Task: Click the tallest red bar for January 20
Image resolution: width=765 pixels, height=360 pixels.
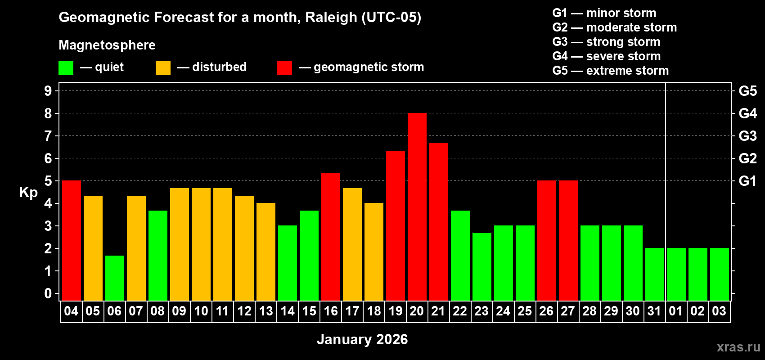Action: click(417, 207)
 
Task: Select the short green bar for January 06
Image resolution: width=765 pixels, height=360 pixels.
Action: click(114, 278)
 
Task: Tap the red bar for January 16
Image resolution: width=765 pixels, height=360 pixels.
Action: click(331, 237)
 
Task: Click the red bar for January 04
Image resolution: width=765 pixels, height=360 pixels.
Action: click(71, 240)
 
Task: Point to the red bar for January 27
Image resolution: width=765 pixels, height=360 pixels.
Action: click(568, 240)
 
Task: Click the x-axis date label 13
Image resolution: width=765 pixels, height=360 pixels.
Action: click(266, 311)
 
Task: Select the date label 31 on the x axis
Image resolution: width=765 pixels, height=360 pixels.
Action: click(654, 311)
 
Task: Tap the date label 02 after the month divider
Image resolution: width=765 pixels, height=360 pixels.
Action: click(697, 311)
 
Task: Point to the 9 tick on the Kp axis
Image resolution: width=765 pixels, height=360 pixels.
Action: click(48, 91)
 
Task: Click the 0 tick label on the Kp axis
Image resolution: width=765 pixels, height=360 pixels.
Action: click(48, 293)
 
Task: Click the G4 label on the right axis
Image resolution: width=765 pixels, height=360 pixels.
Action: click(747, 113)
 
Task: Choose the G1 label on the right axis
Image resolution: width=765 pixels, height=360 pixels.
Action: click(747, 181)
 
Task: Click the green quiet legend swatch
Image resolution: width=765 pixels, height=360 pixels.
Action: click(66, 68)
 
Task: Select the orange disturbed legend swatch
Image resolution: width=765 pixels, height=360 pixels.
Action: click(163, 68)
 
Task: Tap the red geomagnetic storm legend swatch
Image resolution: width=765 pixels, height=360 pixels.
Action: click(284, 68)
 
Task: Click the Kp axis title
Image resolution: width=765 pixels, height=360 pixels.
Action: click(28, 192)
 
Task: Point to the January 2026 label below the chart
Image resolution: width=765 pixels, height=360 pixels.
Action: click(362, 339)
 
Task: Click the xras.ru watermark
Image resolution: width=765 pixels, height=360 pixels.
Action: click(738, 347)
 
